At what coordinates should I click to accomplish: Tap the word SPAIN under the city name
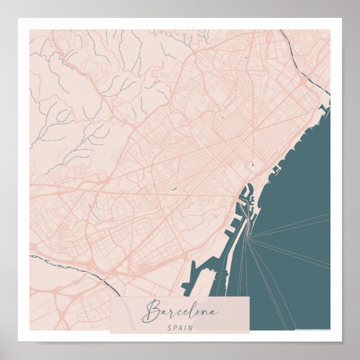click(179, 327)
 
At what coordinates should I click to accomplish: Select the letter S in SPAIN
click(168, 327)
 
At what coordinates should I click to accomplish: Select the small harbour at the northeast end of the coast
click(323, 106)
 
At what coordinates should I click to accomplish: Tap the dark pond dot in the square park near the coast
click(253, 164)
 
